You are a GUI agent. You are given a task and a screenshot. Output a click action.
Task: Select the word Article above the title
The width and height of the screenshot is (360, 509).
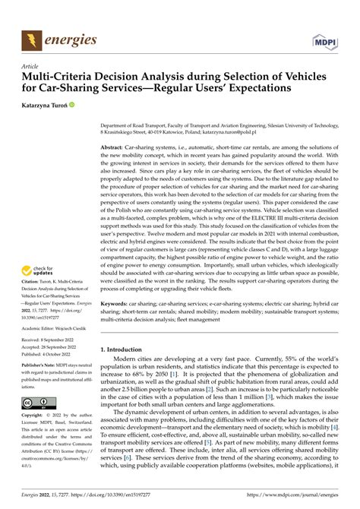30,66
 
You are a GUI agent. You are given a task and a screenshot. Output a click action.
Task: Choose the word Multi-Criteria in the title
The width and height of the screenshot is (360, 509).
61,77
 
